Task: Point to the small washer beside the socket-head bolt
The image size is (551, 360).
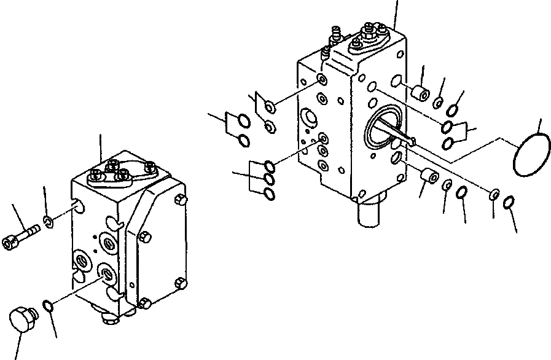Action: [49, 220]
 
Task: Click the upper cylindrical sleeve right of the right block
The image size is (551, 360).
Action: [420, 95]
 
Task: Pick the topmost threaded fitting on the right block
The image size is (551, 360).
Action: [370, 28]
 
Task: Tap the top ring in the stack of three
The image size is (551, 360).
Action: [269, 166]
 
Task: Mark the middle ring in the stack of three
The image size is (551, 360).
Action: [269, 179]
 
